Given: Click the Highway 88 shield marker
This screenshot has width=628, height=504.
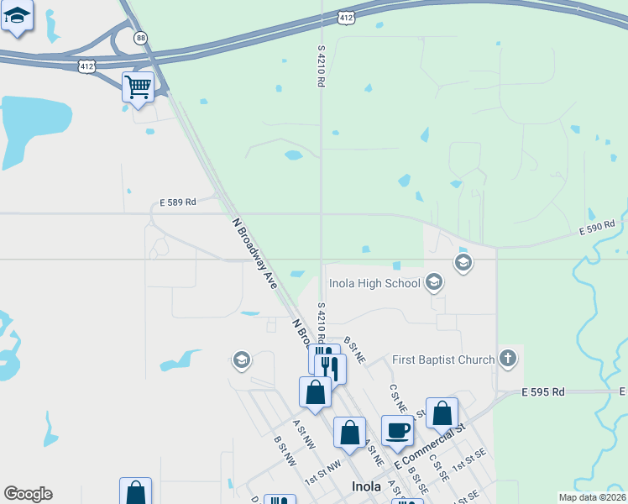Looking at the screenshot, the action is coord(141,38).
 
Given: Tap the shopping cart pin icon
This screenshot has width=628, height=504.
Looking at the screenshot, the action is coord(138,86).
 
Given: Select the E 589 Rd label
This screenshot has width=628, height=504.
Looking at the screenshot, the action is coord(178,202).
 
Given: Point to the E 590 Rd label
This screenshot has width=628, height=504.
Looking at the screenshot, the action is coord(597,225).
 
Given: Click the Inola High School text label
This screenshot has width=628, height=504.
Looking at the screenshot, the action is coord(374,283).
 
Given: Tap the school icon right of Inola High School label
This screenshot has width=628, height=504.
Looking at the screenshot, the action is coord(433,282).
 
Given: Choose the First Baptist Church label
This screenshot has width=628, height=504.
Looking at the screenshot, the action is coord(443,360).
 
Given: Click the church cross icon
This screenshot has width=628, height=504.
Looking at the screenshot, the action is coord(507,359).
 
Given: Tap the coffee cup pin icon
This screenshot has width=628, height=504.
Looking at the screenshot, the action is coord(398,431).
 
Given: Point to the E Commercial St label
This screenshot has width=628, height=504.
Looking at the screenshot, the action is coord(431,446).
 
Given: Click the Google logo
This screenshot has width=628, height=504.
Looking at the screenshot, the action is coord(28,494).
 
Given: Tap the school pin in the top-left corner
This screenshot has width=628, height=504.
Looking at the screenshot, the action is coord(17,16).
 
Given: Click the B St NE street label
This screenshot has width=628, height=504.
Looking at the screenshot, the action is coord(355,352).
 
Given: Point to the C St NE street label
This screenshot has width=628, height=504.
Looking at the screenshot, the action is coord(398,398).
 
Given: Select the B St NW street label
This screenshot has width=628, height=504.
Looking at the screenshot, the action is coord(285,450).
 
